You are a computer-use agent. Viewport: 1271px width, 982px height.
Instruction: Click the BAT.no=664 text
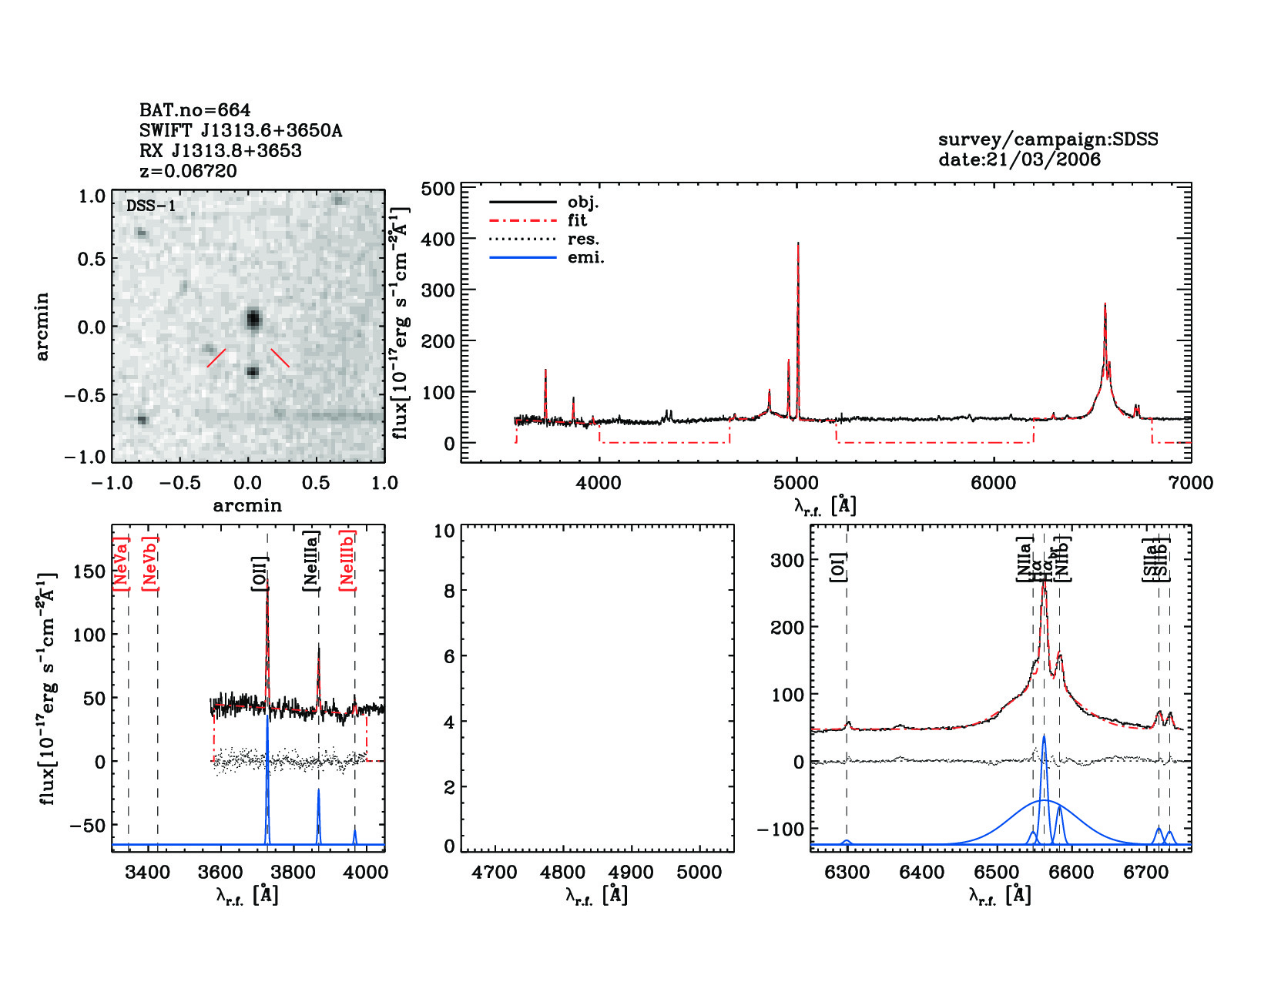(x=195, y=110)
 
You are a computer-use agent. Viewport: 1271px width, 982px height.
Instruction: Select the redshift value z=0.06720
(x=189, y=170)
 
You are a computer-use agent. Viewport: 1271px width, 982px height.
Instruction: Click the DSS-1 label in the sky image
(x=151, y=206)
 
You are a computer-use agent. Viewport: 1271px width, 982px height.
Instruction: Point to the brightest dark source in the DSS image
(x=253, y=319)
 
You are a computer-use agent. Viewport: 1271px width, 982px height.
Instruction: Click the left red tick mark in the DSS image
(x=216, y=358)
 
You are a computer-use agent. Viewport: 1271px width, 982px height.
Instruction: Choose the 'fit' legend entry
(x=577, y=220)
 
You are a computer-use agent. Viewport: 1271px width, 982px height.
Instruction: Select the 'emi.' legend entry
(x=585, y=258)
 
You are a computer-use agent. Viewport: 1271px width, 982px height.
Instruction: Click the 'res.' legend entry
(x=583, y=239)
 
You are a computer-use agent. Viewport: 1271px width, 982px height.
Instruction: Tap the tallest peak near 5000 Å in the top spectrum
(x=798, y=245)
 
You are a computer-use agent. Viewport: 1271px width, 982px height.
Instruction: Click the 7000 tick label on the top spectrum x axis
(x=1190, y=483)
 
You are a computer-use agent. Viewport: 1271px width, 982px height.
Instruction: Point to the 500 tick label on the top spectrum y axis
(x=438, y=189)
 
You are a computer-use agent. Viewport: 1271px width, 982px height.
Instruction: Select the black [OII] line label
(x=260, y=574)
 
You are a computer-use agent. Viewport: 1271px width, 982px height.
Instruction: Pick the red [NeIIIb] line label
(x=347, y=560)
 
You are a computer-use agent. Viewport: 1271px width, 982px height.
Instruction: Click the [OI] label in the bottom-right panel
(x=838, y=567)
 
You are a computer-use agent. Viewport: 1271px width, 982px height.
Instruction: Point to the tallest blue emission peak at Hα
(x=1044, y=737)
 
